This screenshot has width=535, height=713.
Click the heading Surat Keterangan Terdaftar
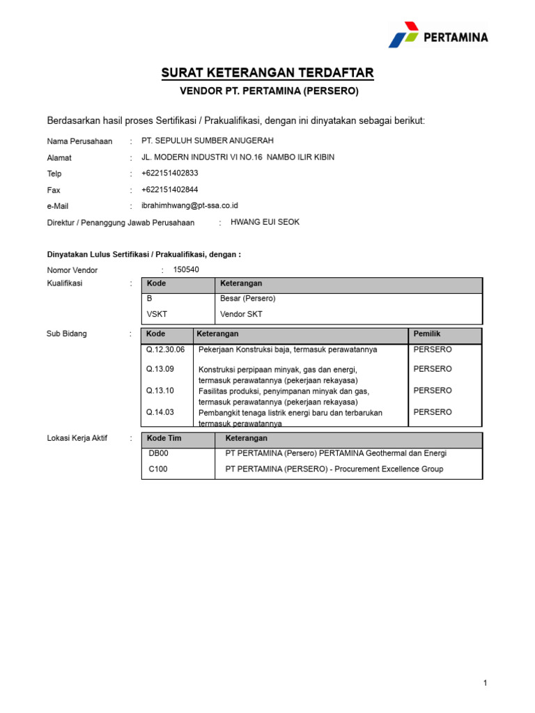click(x=268, y=73)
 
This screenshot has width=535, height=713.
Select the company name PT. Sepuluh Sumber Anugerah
click(x=208, y=141)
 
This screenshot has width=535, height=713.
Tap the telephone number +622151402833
click(x=169, y=173)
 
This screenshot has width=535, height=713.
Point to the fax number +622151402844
click(x=169, y=189)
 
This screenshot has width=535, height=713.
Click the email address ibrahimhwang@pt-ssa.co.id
click(x=190, y=205)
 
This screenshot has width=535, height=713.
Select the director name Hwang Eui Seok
click(x=265, y=222)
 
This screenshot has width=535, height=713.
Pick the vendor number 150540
click(x=186, y=269)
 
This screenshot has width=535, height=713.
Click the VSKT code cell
click(x=157, y=314)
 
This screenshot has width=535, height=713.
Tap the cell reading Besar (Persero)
click(x=248, y=299)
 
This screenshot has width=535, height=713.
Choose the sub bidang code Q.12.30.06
click(x=165, y=350)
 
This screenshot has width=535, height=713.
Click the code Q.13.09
click(x=160, y=369)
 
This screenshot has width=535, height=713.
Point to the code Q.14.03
click(x=160, y=412)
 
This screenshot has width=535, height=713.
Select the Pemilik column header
click(x=427, y=334)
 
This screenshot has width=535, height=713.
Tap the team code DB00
click(x=159, y=453)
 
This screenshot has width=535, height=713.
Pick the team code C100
click(x=158, y=469)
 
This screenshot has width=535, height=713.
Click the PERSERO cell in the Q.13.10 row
click(x=433, y=391)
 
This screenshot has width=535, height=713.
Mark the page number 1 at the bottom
click(x=485, y=684)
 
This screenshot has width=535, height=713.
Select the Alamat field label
click(x=59, y=157)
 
